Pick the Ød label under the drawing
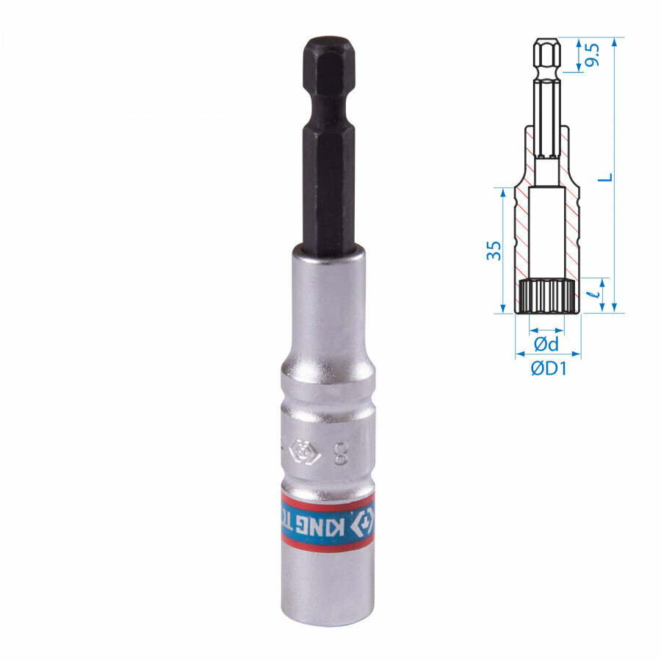[546, 344]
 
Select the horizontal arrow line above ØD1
[547, 355]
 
